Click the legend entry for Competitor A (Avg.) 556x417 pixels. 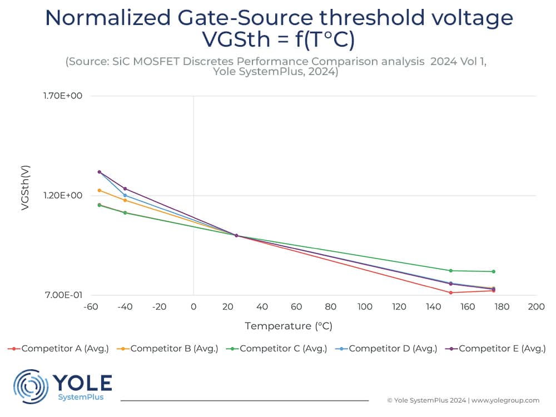tap(59, 349)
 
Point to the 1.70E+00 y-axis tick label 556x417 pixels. tap(63, 96)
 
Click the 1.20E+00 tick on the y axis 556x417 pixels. tap(63, 196)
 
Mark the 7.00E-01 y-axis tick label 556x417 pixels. tap(63, 295)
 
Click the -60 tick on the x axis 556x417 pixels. tap(90, 306)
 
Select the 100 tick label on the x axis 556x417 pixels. tap(365, 306)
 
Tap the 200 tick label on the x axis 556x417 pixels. tap(536, 306)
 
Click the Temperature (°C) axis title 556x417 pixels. tap(289, 326)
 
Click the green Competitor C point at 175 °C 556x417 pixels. tap(493, 271)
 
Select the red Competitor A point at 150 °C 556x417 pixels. tap(450, 292)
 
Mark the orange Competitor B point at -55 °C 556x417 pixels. tap(100, 190)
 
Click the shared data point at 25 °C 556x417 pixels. tap(236, 235)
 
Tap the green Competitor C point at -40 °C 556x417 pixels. tap(125, 212)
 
